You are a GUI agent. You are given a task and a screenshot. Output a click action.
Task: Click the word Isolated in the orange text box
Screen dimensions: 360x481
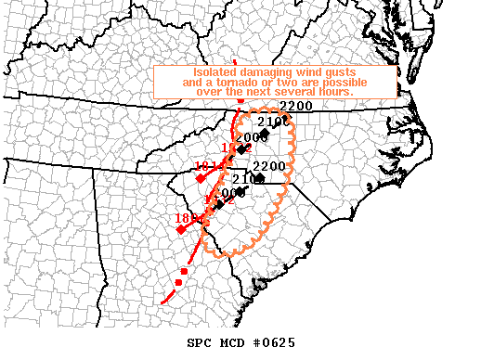click(215, 72)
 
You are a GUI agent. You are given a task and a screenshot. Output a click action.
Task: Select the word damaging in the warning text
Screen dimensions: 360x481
click(267, 72)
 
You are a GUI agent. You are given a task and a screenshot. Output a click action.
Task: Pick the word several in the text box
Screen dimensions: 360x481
click(294, 93)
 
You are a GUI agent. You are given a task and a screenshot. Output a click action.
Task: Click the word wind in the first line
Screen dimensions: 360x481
click(311, 72)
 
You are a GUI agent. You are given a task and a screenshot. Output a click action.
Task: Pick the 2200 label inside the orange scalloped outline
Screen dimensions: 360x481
click(268, 166)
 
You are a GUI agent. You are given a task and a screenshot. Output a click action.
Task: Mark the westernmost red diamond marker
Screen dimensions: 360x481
click(181, 229)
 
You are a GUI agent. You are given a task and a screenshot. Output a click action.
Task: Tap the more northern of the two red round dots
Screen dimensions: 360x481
click(185, 271)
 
